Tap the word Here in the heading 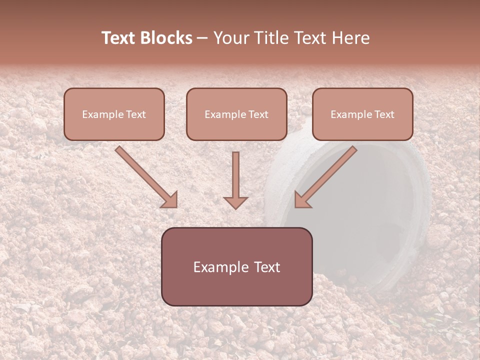[351, 38]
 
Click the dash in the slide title [202, 38]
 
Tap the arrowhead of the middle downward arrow [235, 202]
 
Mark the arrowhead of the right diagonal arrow [302, 199]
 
